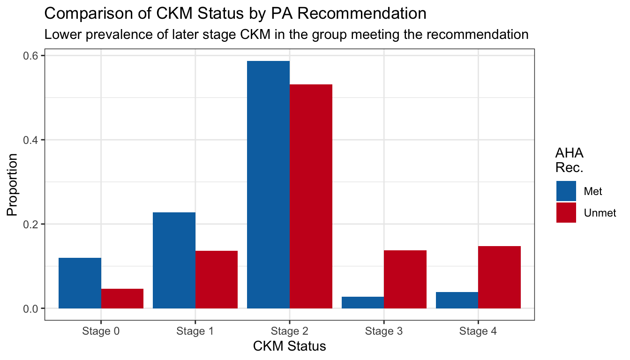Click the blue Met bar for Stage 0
(80, 283)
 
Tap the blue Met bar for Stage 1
(174, 260)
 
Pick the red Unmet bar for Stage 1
(217, 279)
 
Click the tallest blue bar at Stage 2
(268, 185)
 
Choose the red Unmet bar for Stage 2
(311, 196)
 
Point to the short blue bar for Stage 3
(363, 303)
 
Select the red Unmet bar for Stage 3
(405, 279)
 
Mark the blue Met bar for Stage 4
(457, 300)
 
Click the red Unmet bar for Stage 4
(499, 277)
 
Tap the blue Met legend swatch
(566, 191)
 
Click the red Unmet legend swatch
(566, 212)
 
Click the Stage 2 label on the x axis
(289, 331)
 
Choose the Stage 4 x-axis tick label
(478, 331)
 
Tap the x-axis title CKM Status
(289, 347)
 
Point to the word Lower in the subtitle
(58, 35)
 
